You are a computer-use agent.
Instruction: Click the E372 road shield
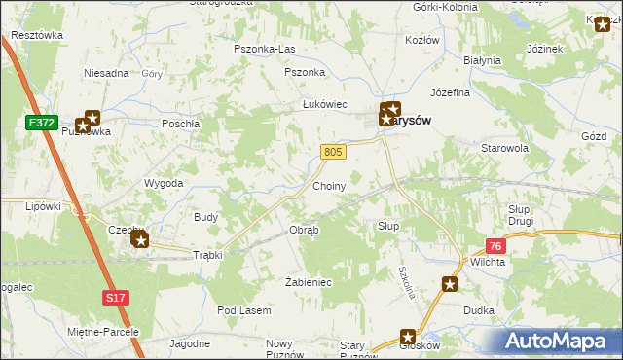39,121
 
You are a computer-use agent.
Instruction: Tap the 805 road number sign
333,151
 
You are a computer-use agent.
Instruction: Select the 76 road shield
495,247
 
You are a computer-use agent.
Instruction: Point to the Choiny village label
329,184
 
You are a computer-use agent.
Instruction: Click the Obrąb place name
303,230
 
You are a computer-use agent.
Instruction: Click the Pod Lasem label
243,309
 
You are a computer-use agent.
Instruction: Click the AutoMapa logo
558,342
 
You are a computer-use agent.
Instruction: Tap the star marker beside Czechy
139,237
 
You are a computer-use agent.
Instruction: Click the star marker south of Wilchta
450,284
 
